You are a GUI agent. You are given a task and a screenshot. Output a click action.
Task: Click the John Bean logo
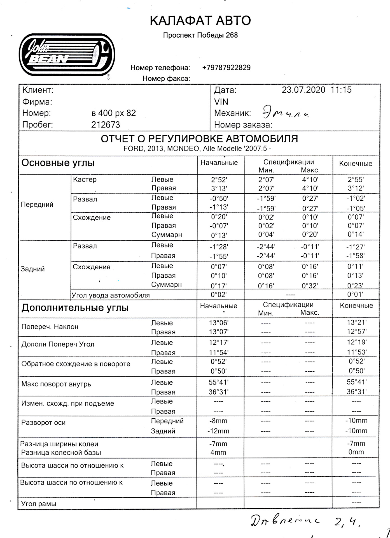coord(67,55)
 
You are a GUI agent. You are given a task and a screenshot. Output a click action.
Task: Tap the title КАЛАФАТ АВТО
coord(200,21)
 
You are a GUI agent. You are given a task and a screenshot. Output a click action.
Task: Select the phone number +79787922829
coord(226,68)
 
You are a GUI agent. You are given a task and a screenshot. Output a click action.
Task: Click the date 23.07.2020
coord(303,90)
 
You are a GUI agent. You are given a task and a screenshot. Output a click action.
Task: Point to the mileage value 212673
coord(106,125)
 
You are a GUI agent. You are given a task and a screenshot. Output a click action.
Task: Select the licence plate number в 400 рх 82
coord(113,113)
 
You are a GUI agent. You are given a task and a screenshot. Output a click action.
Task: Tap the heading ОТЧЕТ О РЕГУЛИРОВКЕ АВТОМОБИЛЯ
coord(199,139)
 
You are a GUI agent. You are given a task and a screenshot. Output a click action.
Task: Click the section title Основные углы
coord(58,163)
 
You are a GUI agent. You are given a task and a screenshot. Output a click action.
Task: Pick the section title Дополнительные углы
coord(75,308)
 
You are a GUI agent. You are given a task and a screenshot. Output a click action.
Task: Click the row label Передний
coord(37,205)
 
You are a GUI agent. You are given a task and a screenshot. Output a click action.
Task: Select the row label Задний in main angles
coord(33,269)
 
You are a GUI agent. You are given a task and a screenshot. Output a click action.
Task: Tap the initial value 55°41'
coord(218,382)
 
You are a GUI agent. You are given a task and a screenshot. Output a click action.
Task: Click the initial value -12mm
coord(218,431)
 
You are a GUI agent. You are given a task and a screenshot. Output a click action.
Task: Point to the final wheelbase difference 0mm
coord(356,452)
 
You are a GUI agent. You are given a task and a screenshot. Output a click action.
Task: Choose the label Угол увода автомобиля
coord(111,295)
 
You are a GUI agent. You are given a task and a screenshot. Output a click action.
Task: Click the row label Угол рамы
coord(39,504)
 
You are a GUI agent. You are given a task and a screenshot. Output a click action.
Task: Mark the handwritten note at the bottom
coord(305,521)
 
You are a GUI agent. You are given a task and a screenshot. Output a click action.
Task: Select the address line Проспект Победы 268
coord(200,35)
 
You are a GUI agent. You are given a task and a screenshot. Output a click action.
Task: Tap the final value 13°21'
coord(356,323)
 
